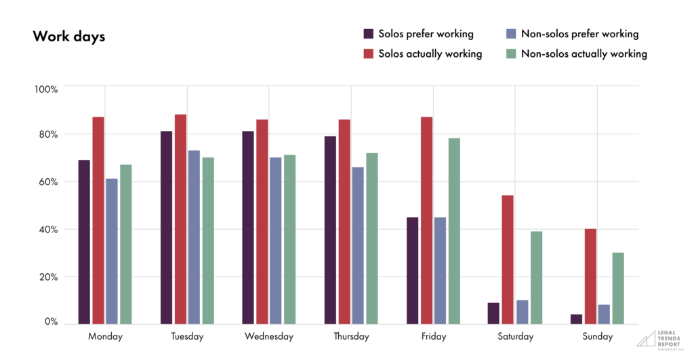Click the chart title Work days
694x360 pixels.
(68, 37)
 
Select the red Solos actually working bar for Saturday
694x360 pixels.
(508, 259)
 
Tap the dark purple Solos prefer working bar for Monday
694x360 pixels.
(84, 241)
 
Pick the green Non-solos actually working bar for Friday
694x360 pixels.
(454, 231)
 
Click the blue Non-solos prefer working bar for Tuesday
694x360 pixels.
(194, 237)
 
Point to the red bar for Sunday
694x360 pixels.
(590, 276)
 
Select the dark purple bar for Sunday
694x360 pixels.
(576, 319)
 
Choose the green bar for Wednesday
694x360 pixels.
(289, 239)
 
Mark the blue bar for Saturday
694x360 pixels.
(522, 311)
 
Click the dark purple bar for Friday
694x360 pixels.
(412, 270)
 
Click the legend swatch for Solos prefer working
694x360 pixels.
(369, 34)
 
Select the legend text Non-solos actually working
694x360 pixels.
(584, 54)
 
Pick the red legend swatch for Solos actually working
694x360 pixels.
(369, 54)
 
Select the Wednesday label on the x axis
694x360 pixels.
(269, 336)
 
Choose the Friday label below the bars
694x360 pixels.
(434, 336)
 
